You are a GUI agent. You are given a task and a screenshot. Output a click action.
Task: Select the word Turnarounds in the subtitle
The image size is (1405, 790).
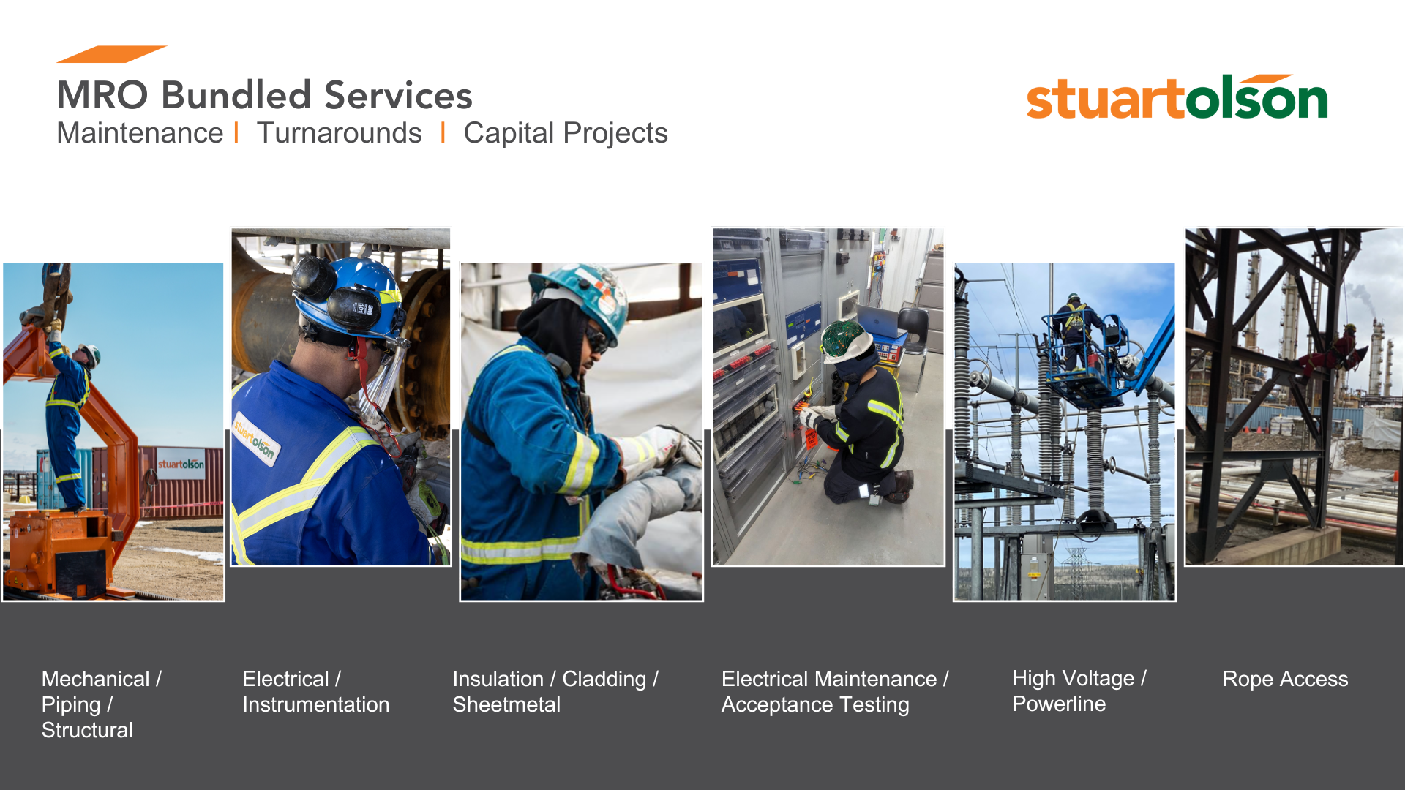coord(339,133)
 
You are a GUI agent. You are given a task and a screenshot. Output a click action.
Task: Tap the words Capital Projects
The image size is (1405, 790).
coord(566,134)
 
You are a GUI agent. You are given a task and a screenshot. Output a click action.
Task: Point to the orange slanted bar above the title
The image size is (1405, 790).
coord(112,54)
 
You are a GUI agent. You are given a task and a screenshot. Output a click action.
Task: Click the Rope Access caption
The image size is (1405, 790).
coord(1285,679)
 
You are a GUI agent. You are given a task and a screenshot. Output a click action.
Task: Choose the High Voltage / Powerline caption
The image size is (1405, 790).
coord(1079,691)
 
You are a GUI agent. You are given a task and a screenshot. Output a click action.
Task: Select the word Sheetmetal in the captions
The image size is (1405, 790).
coord(506,704)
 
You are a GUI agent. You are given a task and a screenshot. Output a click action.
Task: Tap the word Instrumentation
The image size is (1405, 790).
coord(316,704)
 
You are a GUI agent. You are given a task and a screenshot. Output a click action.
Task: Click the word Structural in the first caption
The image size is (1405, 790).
coord(87,730)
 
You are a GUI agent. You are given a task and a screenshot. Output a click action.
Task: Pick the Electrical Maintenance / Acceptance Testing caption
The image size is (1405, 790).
coord(835,691)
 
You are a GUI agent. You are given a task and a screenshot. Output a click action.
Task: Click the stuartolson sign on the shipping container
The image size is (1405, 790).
coord(181,464)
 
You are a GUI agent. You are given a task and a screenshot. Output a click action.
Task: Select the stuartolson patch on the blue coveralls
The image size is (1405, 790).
coord(255,441)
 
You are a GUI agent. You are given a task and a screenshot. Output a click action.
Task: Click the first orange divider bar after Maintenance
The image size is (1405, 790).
coord(236,133)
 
